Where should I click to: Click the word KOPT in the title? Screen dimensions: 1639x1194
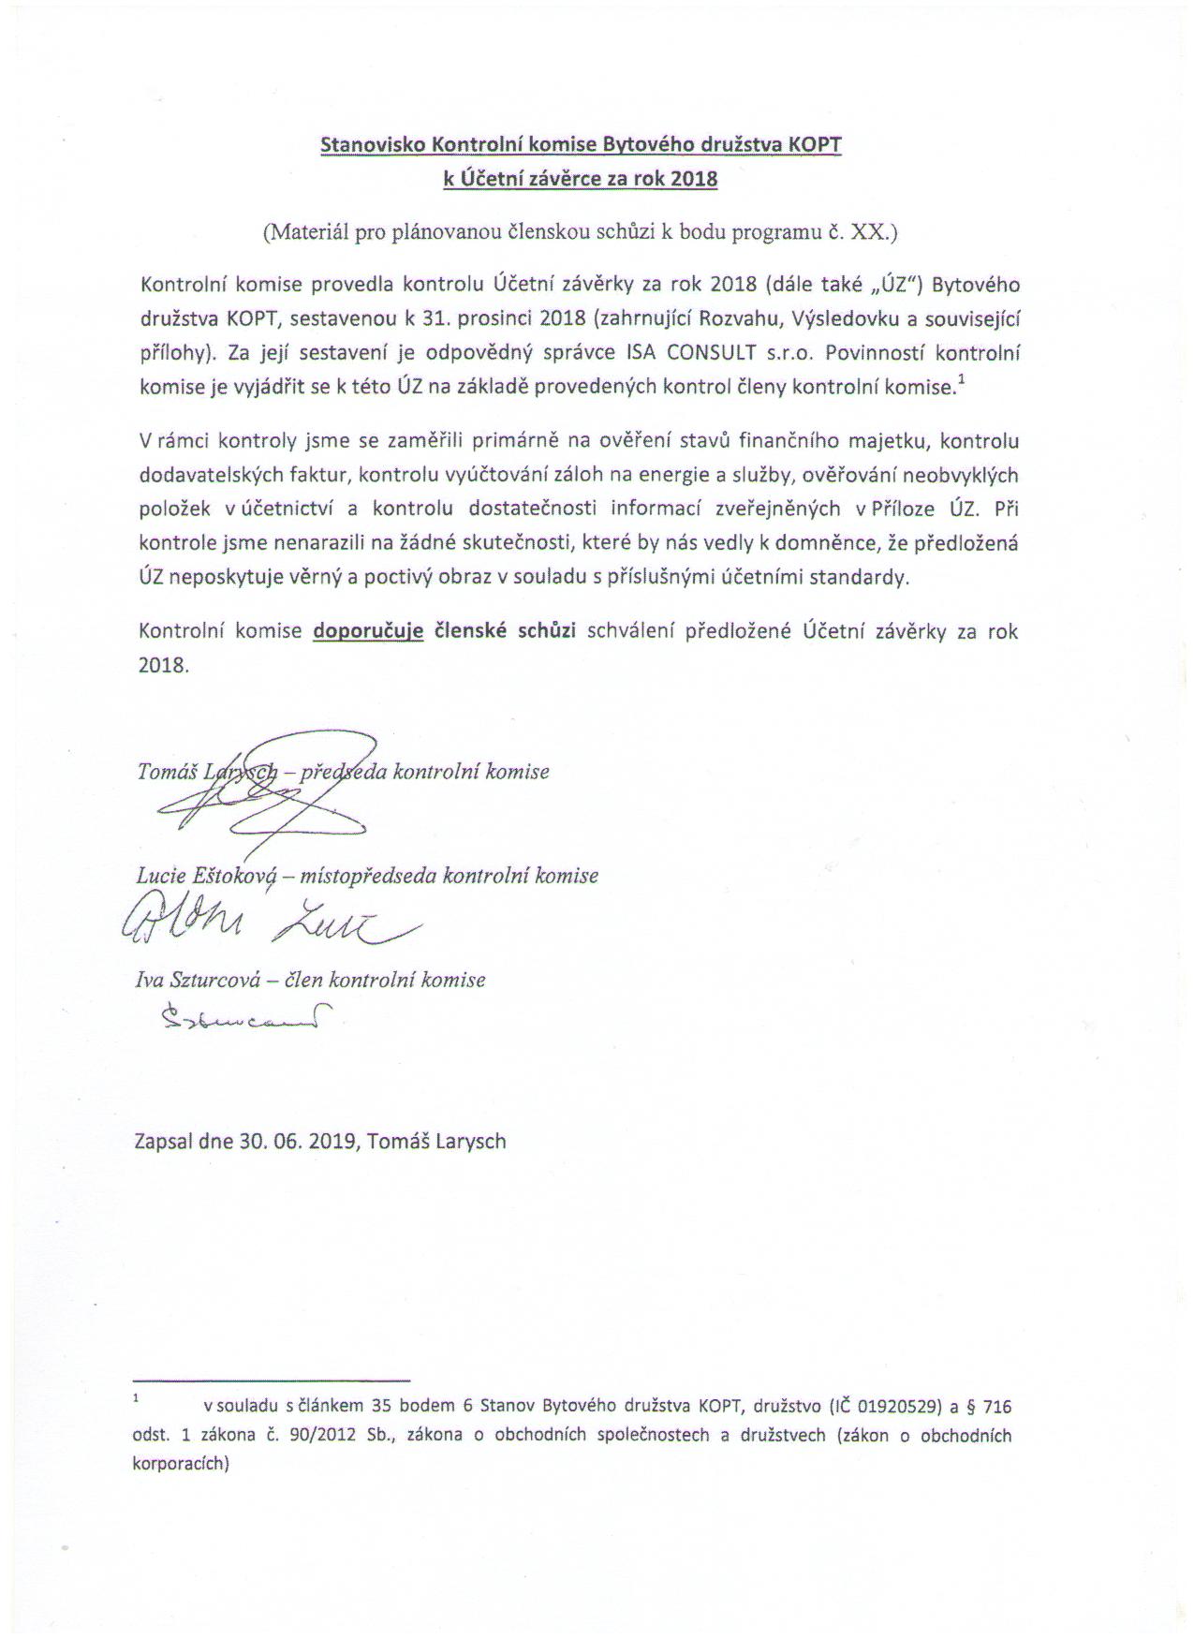point(816,145)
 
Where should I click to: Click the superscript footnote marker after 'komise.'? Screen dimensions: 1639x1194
point(961,379)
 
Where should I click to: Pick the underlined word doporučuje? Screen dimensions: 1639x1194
point(368,630)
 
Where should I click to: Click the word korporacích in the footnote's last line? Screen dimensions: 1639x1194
point(180,1463)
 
